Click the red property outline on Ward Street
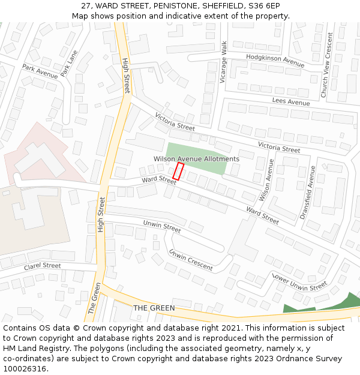tap(178, 171)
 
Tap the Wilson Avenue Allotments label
tap(196, 159)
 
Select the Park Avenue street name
tap(40, 71)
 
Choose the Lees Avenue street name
tap(291, 102)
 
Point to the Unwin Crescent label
tap(190, 259)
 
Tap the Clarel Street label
tap(42, 266)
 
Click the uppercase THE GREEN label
tap(154, 308)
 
